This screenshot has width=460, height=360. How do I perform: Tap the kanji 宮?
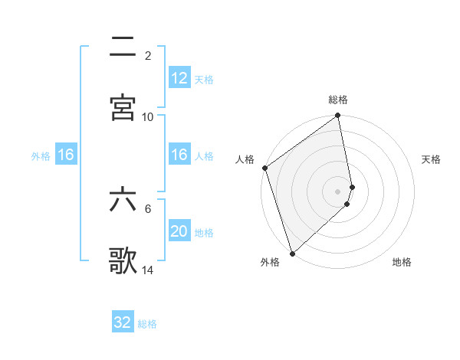click(123, 106)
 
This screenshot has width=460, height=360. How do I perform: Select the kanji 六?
click(123, 201)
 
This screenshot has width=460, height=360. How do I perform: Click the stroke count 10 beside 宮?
click(148, 116)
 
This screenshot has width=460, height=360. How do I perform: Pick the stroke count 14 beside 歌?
click(148, 270)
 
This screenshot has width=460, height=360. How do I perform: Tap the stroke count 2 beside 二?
click(148, 56)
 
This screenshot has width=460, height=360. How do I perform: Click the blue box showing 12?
click(179, 78)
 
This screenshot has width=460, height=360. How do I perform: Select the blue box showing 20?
click(179, 231)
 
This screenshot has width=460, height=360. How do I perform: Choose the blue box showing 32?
click(123, 322)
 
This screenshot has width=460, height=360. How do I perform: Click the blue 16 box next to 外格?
click(66, 155)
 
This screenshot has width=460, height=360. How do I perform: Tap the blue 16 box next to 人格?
click(179, 155)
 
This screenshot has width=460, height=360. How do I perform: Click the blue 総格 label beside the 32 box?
click(147, 323)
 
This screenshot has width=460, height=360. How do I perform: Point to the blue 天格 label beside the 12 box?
click(204, 79)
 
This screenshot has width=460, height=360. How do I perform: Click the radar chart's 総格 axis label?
click(338, 100)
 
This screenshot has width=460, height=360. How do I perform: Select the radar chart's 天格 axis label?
click(431, 159)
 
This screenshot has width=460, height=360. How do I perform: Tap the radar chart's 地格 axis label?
click(402, 262)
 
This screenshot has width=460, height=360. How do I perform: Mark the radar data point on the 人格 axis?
click(264, 168)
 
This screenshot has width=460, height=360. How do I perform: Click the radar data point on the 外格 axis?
click(291, 253)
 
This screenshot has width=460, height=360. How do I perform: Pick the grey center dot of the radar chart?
click(338, 191)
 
